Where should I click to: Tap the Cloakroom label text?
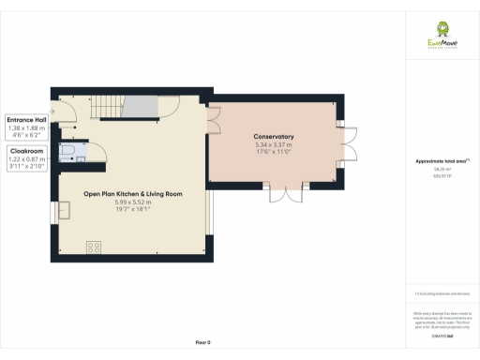point(25,150)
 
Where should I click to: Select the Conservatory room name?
point(274,137)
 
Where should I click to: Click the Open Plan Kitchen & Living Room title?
point(132,194)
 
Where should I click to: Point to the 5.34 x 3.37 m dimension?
point(274,145)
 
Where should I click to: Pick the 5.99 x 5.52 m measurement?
point(132,202)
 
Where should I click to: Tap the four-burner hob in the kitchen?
point(94,247)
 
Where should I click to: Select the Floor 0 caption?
point(202,343)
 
